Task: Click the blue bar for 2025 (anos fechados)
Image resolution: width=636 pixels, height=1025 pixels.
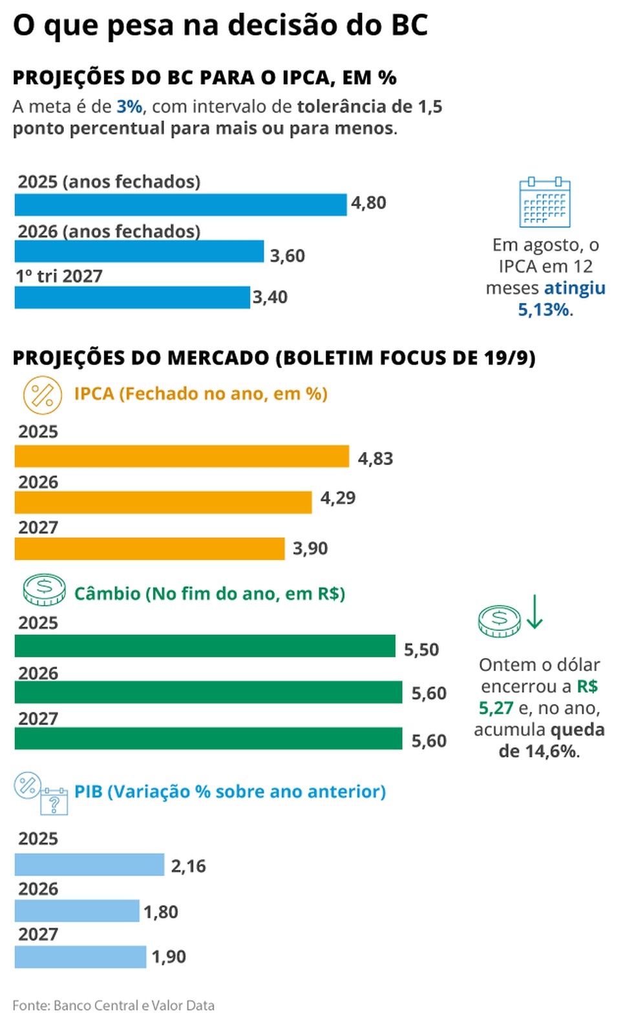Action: click(180, 205)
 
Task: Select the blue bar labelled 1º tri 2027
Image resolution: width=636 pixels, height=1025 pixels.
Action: click(132, 298)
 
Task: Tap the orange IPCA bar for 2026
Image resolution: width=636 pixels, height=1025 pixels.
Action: click(163, 502)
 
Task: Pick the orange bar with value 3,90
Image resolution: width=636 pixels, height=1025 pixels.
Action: click(149, 549)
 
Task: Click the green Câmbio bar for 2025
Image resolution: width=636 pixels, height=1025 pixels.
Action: click(205, 646)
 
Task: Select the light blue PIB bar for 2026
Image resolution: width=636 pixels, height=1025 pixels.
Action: click(77, 911)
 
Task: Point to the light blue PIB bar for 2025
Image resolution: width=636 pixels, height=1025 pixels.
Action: click(89, 865)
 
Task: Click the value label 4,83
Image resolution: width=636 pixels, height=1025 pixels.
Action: click(376, 459)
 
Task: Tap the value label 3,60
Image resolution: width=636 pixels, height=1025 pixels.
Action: click(287, 256)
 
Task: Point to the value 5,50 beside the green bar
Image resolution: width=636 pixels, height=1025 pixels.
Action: click(421, 650)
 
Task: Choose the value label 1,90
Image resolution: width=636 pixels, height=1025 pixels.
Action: click(169, 957)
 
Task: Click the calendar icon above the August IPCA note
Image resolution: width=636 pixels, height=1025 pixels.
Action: click(544, 202)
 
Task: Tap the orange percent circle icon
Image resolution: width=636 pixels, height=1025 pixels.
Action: click(43, 395)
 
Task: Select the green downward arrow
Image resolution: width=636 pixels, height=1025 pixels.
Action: click(535, 612)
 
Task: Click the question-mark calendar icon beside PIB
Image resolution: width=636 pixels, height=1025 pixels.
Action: click(54, 802)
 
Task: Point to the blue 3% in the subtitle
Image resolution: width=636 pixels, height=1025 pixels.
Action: click(129, 107)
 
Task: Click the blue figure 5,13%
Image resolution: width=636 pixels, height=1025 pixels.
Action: click(544, 310)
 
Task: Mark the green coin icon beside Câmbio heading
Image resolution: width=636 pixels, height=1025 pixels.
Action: click(44, 590)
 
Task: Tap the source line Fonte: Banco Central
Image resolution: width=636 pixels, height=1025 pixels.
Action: click(113, 1006)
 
